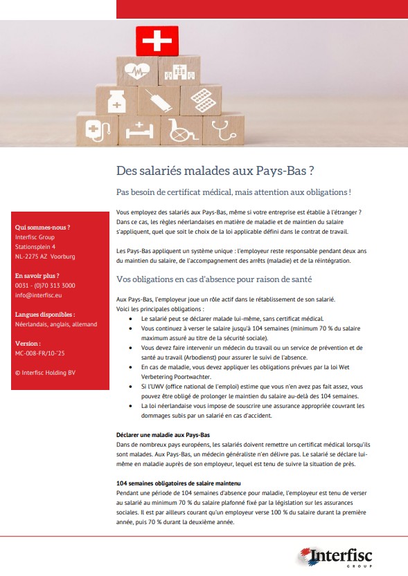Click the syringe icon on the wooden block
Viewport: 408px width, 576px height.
(159, 101)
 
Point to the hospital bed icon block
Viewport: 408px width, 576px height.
(139, 129)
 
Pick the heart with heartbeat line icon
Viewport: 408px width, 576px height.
(137, 71)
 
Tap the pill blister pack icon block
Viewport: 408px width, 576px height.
(200, 98)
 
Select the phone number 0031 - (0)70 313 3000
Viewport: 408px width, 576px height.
(45, 285)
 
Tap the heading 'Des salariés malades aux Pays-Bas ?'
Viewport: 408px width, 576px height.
(216, 170)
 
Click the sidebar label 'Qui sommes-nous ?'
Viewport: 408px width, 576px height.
(42, 227)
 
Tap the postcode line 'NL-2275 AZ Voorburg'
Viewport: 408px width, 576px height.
(45, 257)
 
